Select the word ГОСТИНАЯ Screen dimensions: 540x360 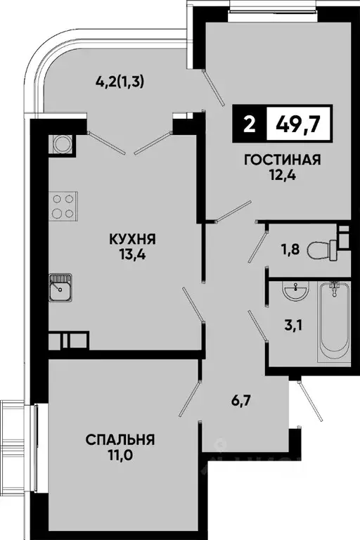(282, 160)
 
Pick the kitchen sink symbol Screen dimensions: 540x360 (61, 287)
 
